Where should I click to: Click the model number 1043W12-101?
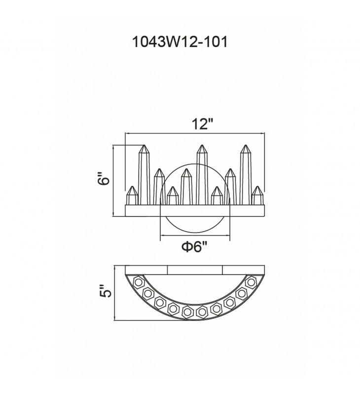tap(180, 41)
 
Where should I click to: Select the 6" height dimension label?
tap(104, 179)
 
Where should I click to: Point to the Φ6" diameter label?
tap(195, 246)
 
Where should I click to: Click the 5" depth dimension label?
tap(105, 291)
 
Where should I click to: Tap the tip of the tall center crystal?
tap(202, 145)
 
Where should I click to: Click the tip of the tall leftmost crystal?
tap(144, 145)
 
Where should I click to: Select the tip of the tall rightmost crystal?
tap(246, 145)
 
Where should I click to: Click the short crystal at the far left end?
tap(132, 196)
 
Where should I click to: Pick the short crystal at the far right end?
tap(257, 196)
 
